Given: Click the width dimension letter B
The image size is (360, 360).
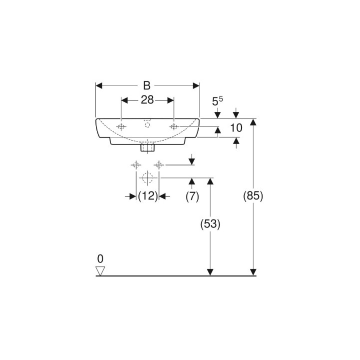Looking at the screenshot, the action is tap(146, 85).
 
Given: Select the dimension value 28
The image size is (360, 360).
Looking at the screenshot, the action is tap(147, 100).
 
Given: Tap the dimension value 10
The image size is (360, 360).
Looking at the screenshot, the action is tap(236, 128).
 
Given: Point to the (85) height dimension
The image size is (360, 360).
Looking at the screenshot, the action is tap(253, 196).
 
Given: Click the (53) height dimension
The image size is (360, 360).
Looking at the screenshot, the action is tap(210, 224).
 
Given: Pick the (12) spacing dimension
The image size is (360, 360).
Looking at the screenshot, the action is tap(148, 196).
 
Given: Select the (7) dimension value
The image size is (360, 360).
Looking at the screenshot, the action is tap(192, 196).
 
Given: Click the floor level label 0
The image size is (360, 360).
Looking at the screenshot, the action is tap(100, 259).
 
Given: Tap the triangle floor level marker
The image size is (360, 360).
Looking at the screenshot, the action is tap(100, 271).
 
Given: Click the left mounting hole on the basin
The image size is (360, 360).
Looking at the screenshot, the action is tap(121, 126).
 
